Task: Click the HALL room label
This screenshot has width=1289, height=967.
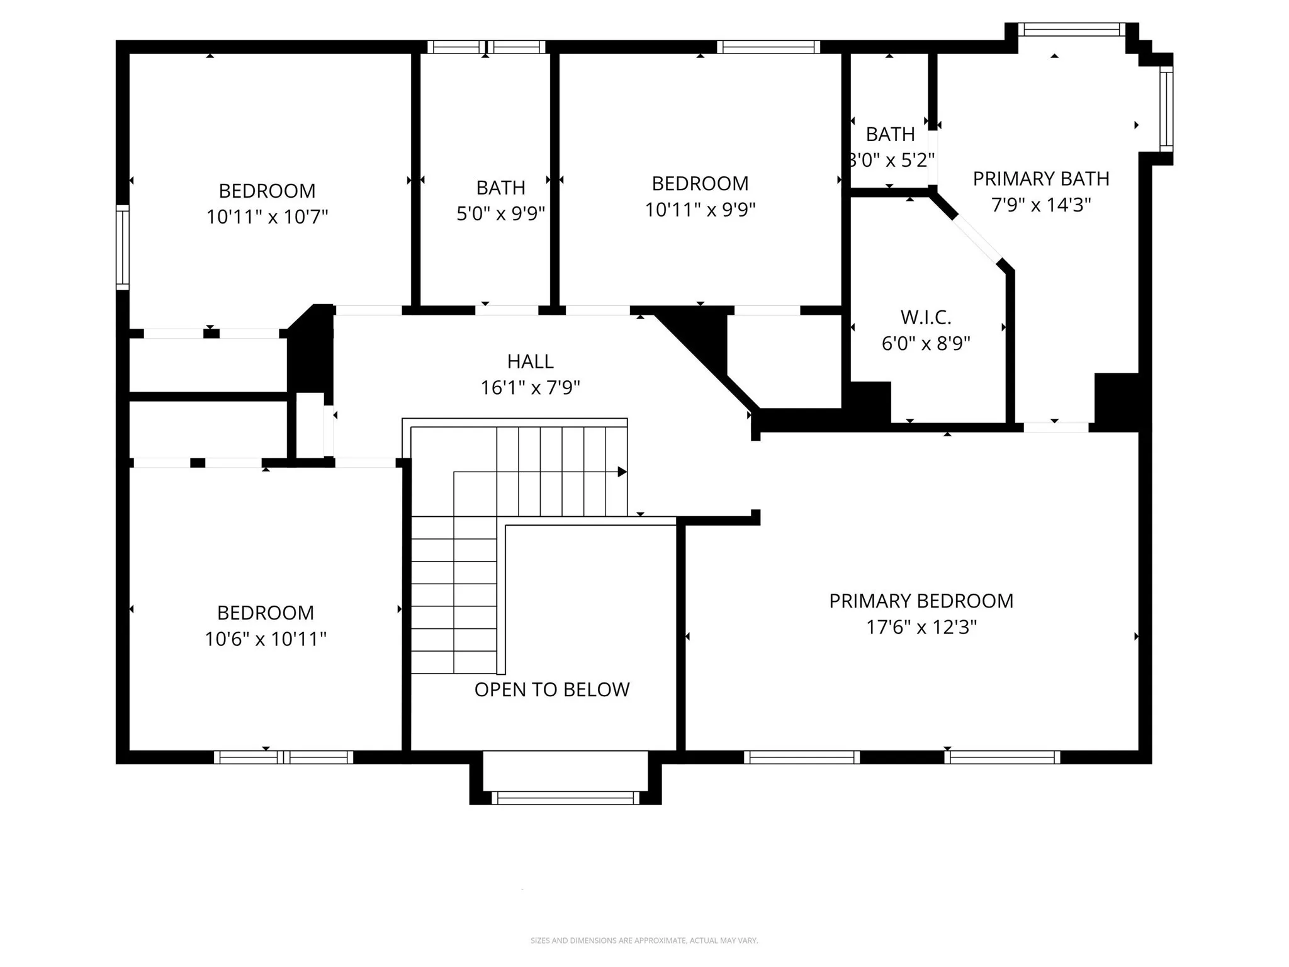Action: [530, 361]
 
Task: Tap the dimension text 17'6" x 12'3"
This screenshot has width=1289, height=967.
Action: [921, 628]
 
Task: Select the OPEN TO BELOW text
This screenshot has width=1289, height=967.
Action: [551, 689]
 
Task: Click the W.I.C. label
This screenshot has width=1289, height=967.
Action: [925, 317]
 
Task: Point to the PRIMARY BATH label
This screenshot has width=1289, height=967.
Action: [1040, 179]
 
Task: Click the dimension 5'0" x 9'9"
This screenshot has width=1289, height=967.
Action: [500, 214]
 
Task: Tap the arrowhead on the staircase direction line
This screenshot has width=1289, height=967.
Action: [622, 472]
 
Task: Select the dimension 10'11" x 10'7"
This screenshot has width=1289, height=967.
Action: [267, 217]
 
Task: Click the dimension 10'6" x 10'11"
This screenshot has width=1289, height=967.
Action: [265, 640]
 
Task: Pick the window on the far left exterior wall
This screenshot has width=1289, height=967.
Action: [123, 247]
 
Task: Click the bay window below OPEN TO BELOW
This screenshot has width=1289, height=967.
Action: [565, 798]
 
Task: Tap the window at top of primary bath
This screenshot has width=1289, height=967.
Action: [1071, 30]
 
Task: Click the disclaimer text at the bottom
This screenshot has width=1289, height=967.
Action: [644, 941]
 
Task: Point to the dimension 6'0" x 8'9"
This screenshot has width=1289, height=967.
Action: [925, 344]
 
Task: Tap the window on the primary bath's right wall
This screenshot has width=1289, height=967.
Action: [1166, 109]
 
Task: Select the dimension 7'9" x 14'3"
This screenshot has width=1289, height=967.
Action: [1040, 205]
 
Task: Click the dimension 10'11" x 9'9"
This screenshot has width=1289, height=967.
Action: [700, 210]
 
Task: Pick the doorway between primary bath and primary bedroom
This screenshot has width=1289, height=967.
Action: [1055, 427]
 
